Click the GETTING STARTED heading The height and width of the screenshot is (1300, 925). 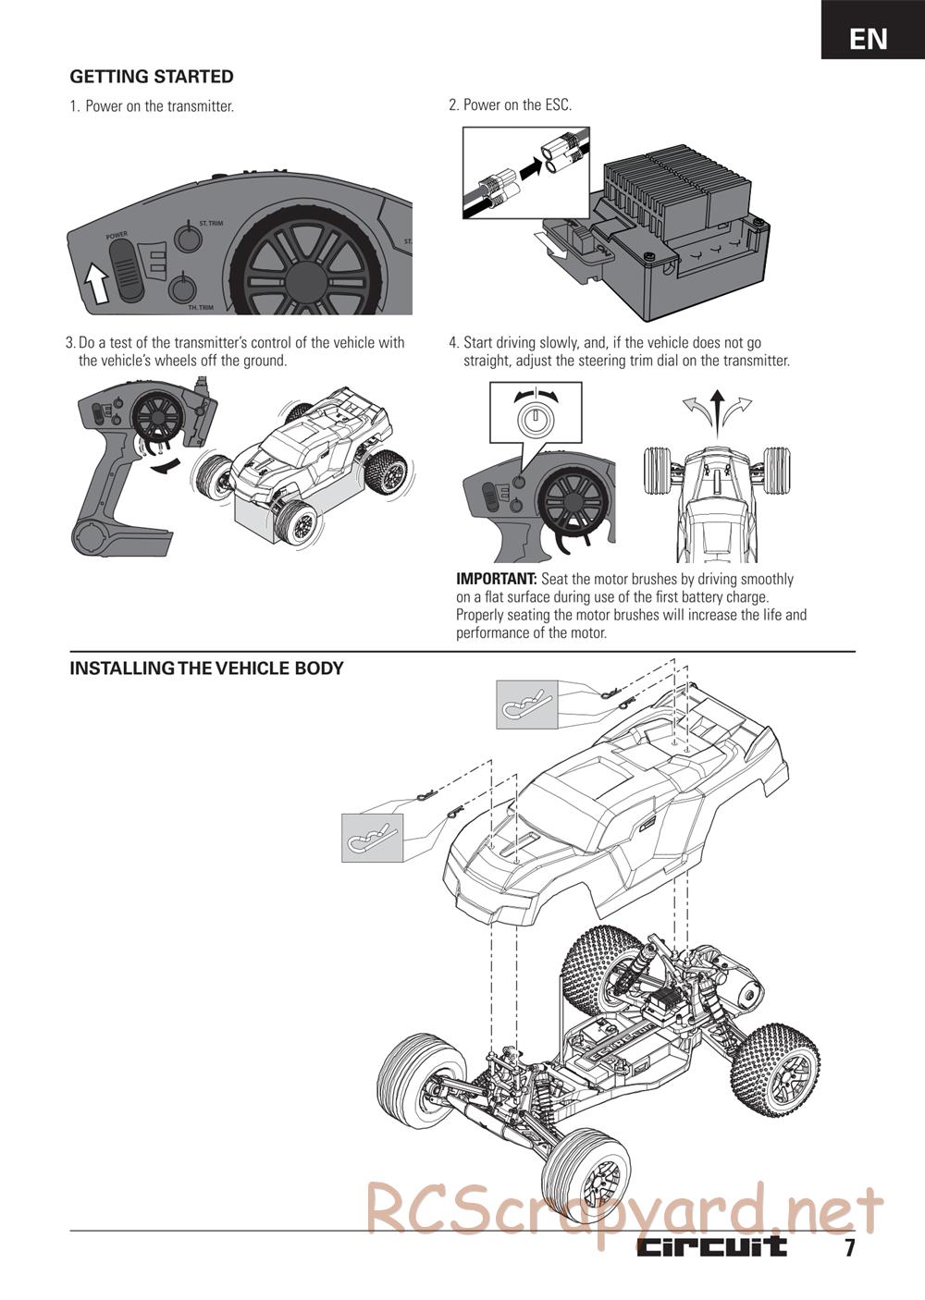pos(152,77)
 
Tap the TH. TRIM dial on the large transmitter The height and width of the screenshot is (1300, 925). pos(183,290)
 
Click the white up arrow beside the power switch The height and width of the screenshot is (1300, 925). pos(95,283)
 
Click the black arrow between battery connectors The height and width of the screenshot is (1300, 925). pos(530,167)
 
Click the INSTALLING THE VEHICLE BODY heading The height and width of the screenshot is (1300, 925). pos(206,668)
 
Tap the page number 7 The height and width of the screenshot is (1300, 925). pos(848,1248)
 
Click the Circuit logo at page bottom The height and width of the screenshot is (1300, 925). pos(711,1246)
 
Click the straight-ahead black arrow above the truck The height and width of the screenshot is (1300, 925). pos(717,407)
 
